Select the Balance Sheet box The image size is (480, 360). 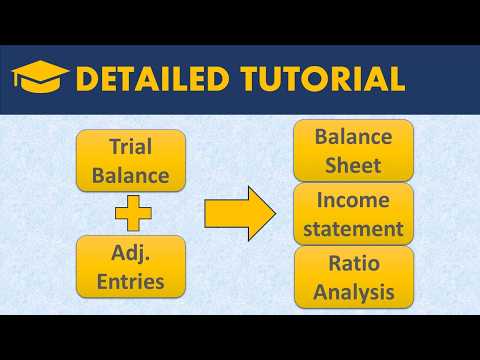click(x=353, y=150)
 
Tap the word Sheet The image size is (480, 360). click(x=353, y=164)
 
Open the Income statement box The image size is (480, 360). click(x=353, y=213)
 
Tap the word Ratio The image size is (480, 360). click(x=353, y=264)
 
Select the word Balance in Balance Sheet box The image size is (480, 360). click(x=353, y=136)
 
